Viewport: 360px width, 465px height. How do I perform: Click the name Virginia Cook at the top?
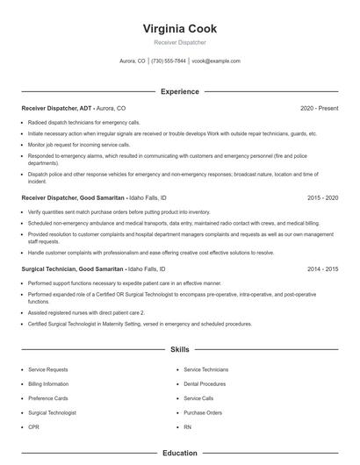pyautogui.click(x=179, y=29)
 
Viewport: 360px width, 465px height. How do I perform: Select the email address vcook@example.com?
pyautogui.click(x=215, y=61)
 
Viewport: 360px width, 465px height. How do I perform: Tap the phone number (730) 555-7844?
pyautogui.click(x=169, y=61)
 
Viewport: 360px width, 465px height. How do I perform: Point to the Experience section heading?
pyautogui.click(x=179, y=91)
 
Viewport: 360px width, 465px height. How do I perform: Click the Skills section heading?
pyautogui.click(x=179, y=350)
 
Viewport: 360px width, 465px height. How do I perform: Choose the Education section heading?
pyautogui.click(x=179, y=454)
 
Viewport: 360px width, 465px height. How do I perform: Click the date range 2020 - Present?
pyautogui.click(x=319, y=108)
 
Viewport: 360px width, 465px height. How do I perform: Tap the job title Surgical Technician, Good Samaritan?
pyautogui.click(x=73, y=269)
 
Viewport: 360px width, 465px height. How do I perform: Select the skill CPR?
pyautogui.click(x=33, y=426)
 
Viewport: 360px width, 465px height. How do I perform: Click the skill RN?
pyautogui.click(x=187, y=426)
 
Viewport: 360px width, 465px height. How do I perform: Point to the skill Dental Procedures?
pyautogui.click(x=205, y=384)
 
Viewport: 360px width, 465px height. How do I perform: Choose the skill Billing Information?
pyautogui.click(x=48, y=384)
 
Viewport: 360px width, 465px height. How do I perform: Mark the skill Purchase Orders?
pyautogui.click(x=202, y=412)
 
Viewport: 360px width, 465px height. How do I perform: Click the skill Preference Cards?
pyautogui.click(x=47, y=398)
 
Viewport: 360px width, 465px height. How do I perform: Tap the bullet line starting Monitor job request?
pyautogui.click(x=79, y=144)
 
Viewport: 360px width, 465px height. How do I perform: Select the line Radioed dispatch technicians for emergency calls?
pyautogui.click(x=83, y=123)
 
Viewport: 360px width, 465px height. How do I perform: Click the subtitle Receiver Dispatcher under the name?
pyautogui.click(x=179, y=42)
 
